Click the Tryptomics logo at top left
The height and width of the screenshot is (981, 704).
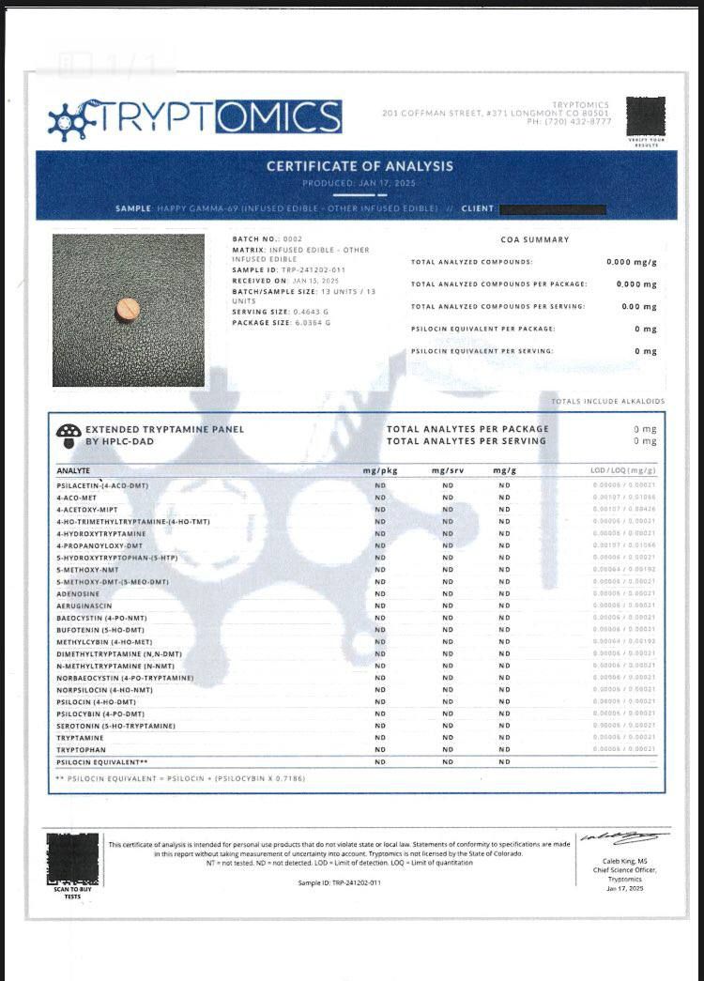[x=194, y=117]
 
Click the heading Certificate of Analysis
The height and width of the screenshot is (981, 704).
[x=360, y=166]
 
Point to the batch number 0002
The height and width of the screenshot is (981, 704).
[x=294, y=239]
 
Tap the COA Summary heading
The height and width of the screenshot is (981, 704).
[x=535, y=239]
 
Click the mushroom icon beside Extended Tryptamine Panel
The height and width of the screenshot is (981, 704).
[x=68, y=435]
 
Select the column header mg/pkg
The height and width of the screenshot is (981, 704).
[x=380, y=470]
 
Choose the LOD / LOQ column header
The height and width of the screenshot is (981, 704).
[x=623, y=470]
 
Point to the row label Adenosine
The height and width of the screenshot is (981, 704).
[x=78, y=594]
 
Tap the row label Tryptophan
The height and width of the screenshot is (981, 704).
[x=81, y=750]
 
